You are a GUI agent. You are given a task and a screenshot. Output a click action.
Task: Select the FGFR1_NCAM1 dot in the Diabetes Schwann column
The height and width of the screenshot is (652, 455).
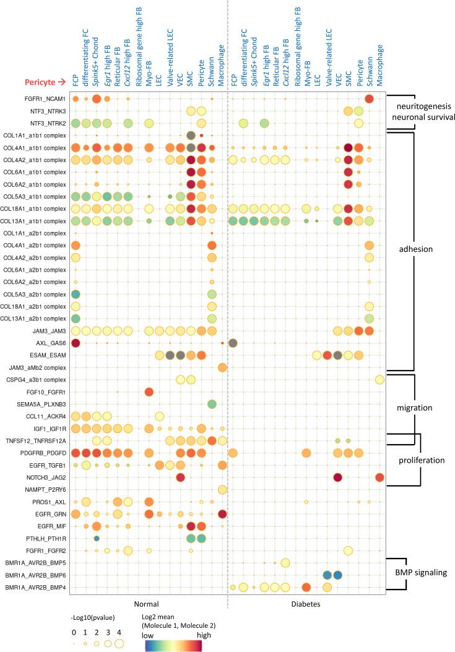tap(369, 99)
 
